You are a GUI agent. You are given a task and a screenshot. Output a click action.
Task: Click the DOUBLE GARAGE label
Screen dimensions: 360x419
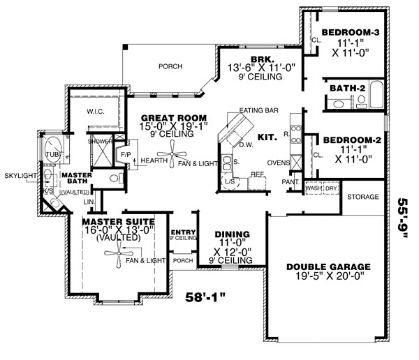coord(323,267)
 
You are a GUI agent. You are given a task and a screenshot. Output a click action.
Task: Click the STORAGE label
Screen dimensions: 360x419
coord(362,197)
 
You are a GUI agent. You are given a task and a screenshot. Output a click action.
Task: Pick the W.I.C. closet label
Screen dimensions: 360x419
coord(96,111)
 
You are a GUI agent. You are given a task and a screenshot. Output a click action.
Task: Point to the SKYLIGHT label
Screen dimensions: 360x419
coord(17,176)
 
